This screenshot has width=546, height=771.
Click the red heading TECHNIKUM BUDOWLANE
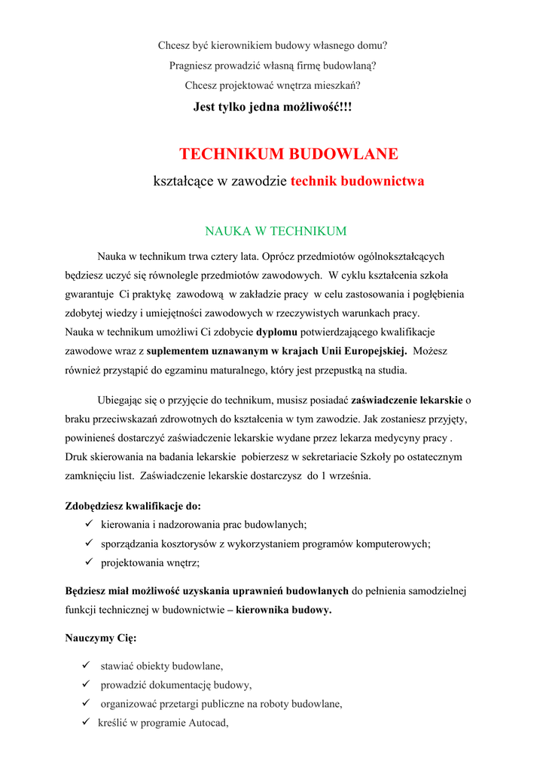click(x=288, y=154)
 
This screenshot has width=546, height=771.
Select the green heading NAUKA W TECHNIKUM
click(x=276, y=231)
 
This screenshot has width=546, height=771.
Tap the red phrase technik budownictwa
click(x=357, y=181)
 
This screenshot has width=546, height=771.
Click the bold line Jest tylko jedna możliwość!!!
click(x=273, y=107)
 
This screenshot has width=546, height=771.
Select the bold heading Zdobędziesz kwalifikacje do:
click(x=133, y=506)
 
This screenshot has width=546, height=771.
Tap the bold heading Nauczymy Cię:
click(x=101, y=638)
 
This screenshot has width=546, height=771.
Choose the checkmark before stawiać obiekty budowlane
click(x=85, y=665)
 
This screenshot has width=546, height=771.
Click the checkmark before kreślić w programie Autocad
click(x=85, y=721)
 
